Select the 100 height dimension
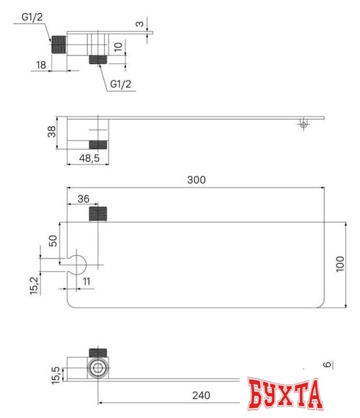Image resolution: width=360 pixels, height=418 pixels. click(339, 265)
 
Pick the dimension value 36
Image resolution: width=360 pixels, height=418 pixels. click(83, 199)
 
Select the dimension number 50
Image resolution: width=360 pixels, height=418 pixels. click(53, 240)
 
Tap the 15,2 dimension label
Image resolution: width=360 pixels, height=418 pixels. click(35, 286)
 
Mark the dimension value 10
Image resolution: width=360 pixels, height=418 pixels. click(117, 47)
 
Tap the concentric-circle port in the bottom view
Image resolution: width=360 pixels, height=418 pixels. click(98, 368)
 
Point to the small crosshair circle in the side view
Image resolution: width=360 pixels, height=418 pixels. click(302, 123)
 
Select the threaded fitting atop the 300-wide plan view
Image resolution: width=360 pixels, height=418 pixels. click(97, 213)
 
